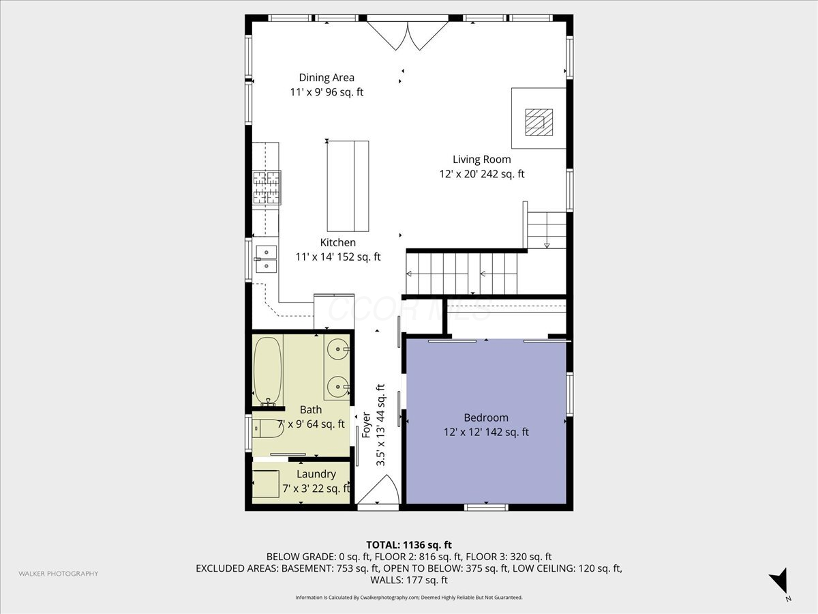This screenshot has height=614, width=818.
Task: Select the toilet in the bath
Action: tap(267, 429)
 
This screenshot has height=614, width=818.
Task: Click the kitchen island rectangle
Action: tap(348, 186)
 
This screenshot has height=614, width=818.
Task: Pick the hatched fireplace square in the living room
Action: tap(539, 122)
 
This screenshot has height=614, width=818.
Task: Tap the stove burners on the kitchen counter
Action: tap(267, 188)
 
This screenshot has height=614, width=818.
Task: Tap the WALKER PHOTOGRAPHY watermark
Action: tap(58, 574)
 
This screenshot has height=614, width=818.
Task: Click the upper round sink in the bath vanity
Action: tap(337, 350)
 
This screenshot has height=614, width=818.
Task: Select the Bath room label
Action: tap(311, 410)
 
